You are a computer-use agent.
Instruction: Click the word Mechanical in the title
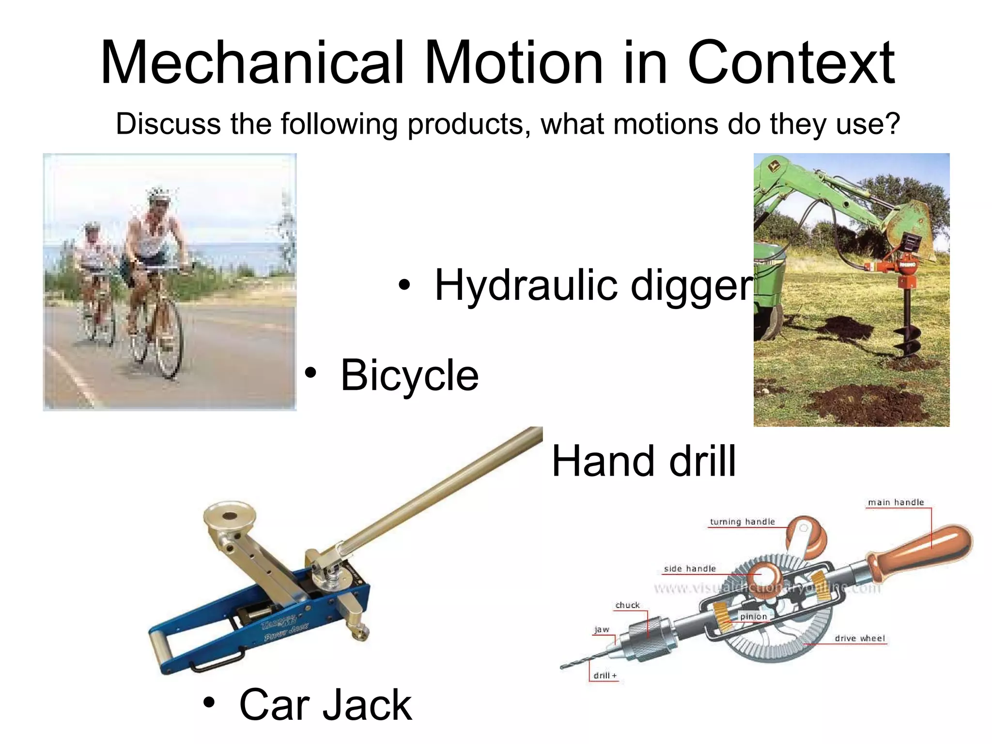(x=252, y=63)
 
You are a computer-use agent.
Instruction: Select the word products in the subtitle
(x=465, y=124)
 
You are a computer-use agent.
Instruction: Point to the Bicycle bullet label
(x=409, y=375)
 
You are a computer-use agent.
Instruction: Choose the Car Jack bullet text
(x=325, y=705)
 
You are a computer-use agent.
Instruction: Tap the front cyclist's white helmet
(x=159, y=195)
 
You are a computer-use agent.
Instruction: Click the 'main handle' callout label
(x=896, y=502)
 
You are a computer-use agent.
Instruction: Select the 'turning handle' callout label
(x=742, y=522)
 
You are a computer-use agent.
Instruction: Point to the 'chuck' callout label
(x=627, y=605)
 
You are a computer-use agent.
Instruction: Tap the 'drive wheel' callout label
(x=859, y=638)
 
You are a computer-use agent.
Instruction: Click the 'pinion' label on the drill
(x=753, y=617)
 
